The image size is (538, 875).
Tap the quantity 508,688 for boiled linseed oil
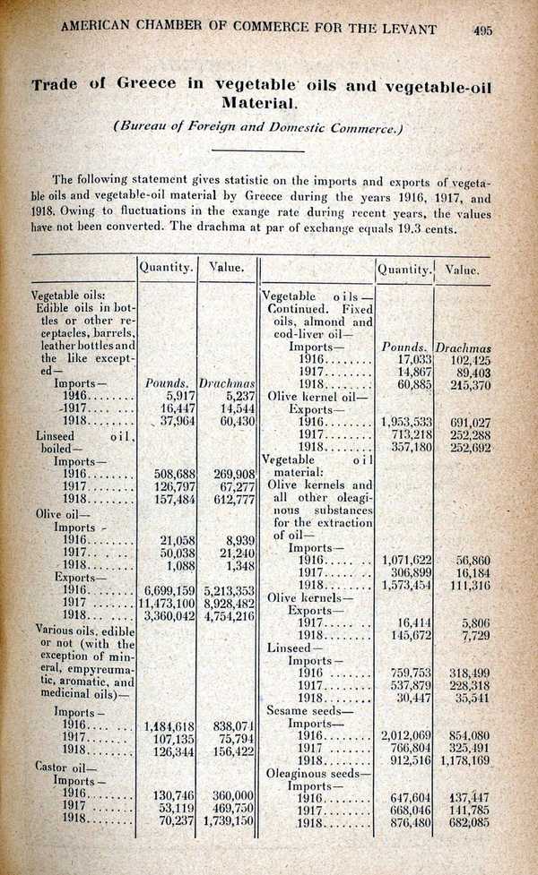tap(169, 475)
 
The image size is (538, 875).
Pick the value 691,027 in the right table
tap(466, 421)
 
